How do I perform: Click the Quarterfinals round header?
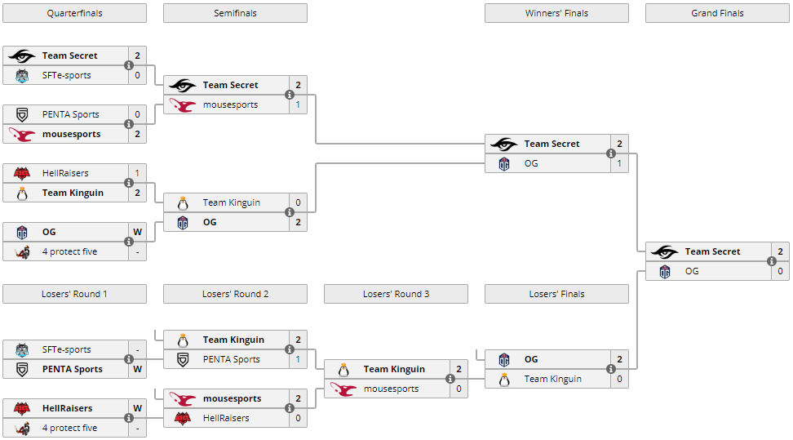[74, 13]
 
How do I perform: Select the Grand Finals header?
[717, 13]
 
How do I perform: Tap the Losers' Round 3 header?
[396, 294]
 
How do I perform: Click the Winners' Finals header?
[556, 13]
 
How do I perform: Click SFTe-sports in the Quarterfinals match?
[67, 75]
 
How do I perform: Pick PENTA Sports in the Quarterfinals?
[70, 114]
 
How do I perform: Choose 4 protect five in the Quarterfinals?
[69, 251]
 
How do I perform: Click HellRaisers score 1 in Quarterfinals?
[137, 173]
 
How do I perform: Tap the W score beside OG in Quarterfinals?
[137, 232]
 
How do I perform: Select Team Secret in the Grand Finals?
[712, 251]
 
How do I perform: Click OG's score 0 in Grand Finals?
[780, 271]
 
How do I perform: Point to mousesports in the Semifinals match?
[230, 104]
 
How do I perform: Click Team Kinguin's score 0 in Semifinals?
[298, 202]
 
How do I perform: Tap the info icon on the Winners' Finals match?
[610, 153]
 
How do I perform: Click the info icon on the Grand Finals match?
[771, 261]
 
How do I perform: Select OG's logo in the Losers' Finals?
[504, 359]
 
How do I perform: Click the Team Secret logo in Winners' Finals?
[504, 144]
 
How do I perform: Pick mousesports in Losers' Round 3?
[391, 389]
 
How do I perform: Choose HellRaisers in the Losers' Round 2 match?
[226, 418]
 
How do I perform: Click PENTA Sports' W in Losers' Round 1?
[137, 369]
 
